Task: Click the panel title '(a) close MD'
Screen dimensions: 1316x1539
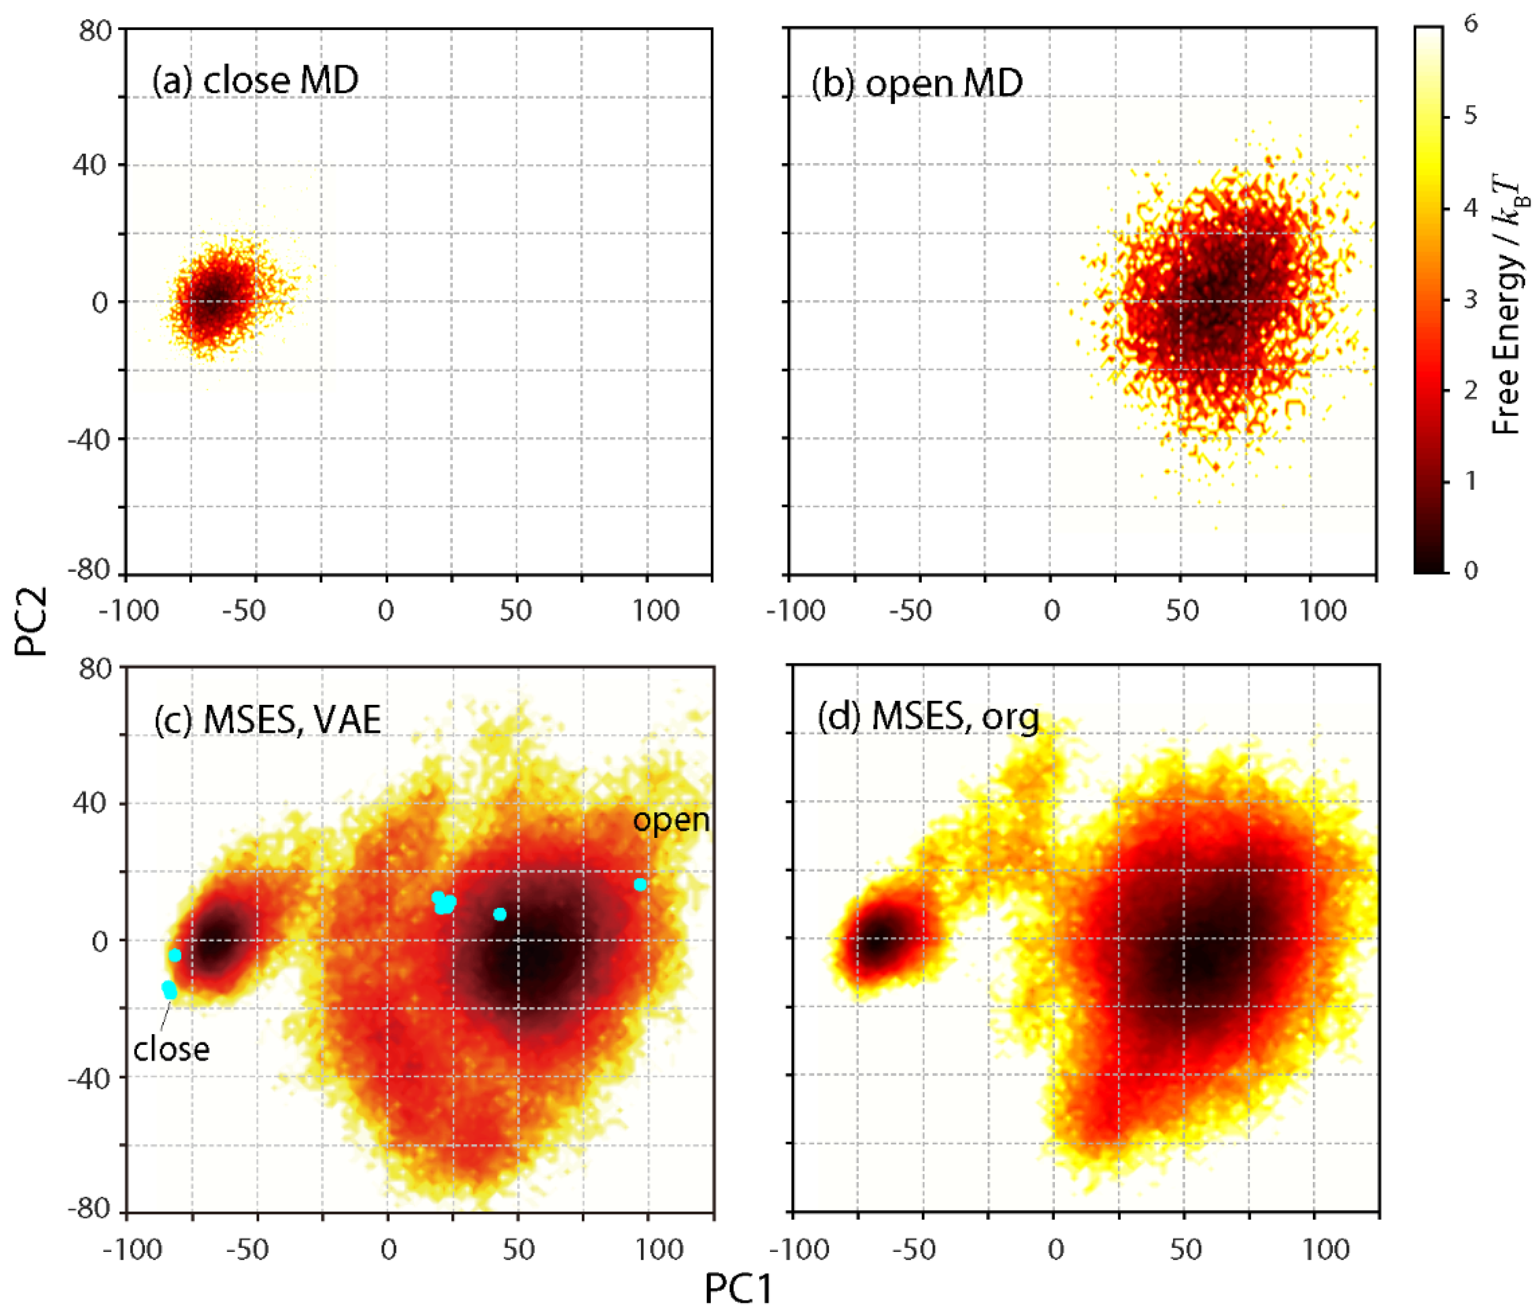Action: pos(255,80)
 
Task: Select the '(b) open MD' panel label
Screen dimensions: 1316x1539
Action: pos(917,83)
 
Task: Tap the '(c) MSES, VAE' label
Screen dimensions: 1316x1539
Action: pos(268,719)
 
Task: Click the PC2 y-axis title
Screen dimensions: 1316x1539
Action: pos(31,621)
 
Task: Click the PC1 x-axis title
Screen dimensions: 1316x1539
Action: pos(738,1288)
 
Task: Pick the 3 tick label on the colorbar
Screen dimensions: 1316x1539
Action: pos(1471,300)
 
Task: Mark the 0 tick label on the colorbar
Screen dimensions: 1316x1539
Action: pos(1471,571)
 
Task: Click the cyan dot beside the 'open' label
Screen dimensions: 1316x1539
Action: pos(640,884)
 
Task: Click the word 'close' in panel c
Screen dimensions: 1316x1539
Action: pos(171,1049)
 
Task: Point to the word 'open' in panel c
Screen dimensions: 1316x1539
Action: pos(670,820)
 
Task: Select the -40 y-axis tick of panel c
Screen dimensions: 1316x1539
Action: pos(89,1077)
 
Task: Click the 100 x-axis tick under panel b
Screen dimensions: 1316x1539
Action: pos(1324,611)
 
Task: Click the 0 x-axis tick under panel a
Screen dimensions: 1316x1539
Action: pos(386,611)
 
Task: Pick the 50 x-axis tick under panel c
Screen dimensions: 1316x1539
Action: pos(518,1250)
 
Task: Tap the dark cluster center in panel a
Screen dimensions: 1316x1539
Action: pos(215,303)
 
